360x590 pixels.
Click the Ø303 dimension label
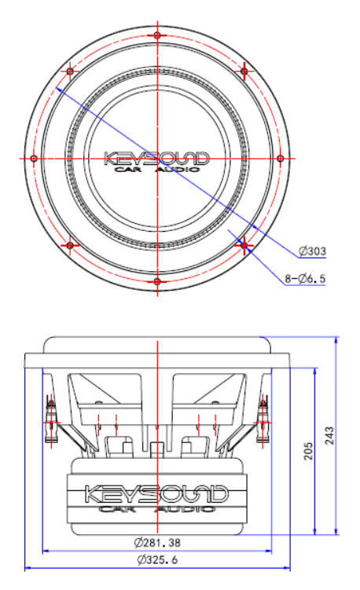point(312,252)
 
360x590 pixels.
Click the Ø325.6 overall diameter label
point(157,560)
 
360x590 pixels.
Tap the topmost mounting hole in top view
point(157,36)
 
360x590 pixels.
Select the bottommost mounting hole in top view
point(157,280)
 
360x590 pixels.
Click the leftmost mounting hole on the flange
point(35,158)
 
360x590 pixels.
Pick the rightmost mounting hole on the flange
point(280,158)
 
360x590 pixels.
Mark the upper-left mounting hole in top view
point(71,71)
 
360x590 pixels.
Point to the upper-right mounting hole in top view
point(244,71)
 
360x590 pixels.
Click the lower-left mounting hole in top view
point(71,245)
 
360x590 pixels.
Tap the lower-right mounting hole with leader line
point(244,245)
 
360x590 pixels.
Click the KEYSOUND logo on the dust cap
point(157,159)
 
